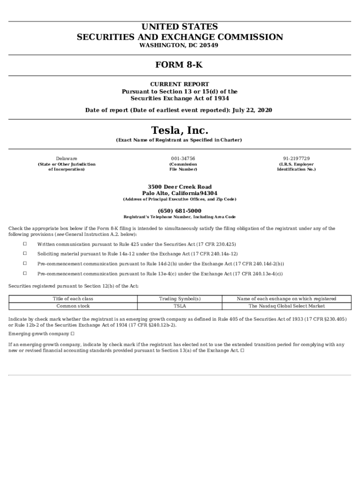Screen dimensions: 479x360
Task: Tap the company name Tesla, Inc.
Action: [x=180, y=130]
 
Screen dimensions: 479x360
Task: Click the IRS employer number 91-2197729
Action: [x=296, y=159]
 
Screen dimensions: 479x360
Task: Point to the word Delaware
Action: [x=67, y=159]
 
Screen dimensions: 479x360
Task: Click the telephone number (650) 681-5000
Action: [x=180, y=211]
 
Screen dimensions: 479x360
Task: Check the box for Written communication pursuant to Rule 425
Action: [x=25, y=244]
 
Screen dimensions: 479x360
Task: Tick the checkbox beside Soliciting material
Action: [x=25, y=254]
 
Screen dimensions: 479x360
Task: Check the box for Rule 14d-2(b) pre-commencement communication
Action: [x=25, y=263]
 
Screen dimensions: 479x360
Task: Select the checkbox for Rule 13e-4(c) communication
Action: [x=25, y=273]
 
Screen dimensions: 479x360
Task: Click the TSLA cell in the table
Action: [x=180, y=306]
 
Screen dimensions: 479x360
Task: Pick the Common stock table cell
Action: [x=73, y=306]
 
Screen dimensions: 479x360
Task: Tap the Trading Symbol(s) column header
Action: [x=180, y=298]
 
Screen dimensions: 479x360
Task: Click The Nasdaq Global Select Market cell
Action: [x=287, y=306]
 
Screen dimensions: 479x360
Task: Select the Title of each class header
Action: [x=73, y=298]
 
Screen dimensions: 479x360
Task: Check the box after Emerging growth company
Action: [x=72, y=334]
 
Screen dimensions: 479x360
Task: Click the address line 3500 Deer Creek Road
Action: [x=180, y=187]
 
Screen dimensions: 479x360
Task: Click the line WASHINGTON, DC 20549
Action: [x=180, y=45]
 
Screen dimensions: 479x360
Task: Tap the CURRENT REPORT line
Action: [x=180, y=85]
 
